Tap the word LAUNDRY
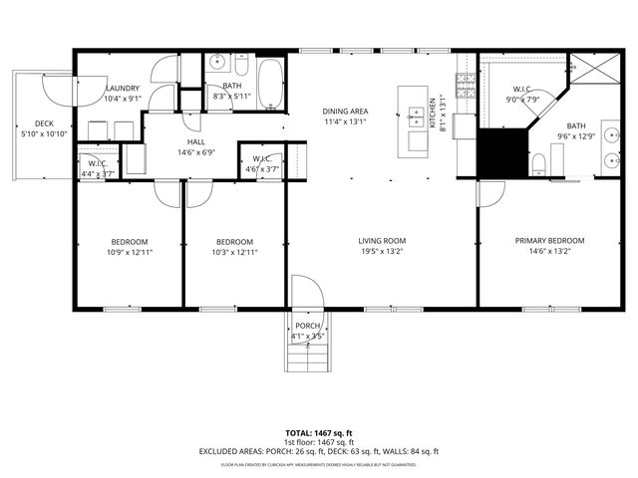tap(123, 88)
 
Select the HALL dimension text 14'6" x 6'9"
tap(195, 153)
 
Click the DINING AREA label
tap(346, 111)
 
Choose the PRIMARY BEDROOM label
tap(549, 241)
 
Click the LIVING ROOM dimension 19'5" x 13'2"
tap(383, 253)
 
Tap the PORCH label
tap(307, 326)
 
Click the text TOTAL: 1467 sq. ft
tap(319, 433)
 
